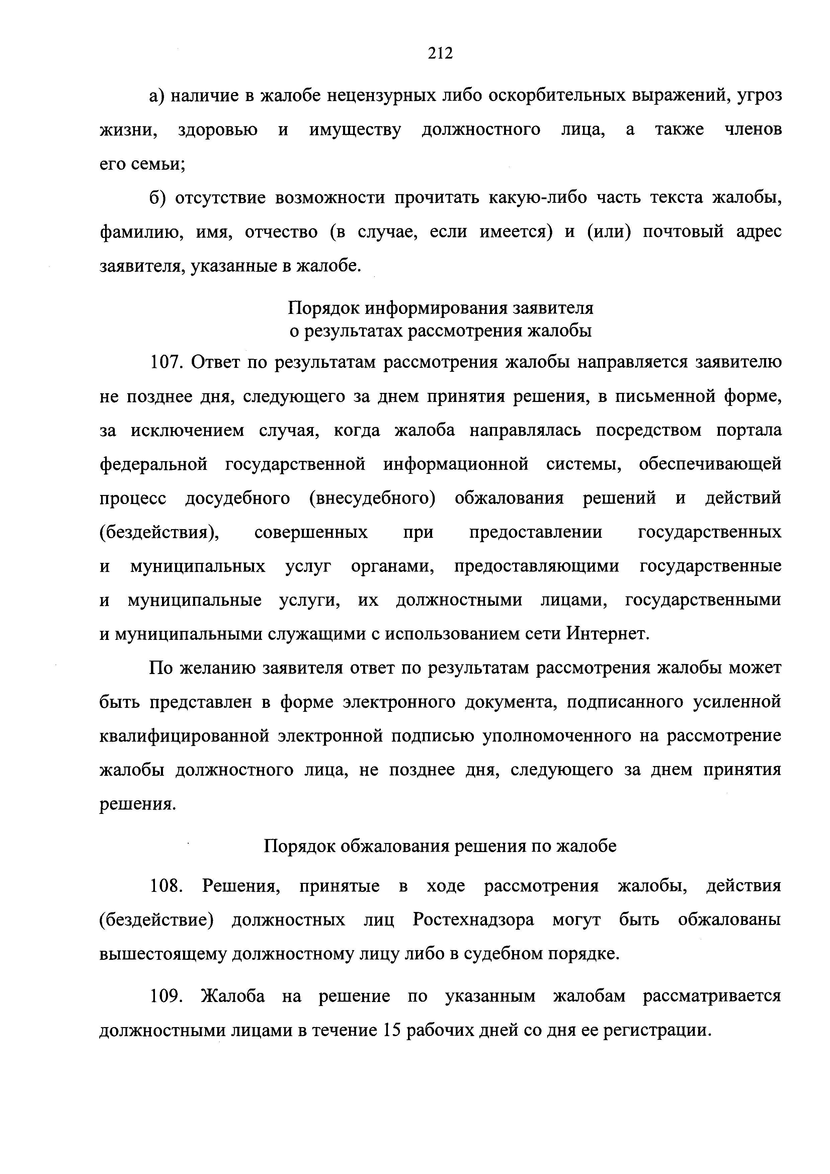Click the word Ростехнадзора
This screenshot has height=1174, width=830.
click(x=473, y=920)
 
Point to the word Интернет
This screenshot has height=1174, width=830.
click(x=607, y=634)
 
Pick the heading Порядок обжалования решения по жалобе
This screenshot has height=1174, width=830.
click(x=440, y=846)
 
